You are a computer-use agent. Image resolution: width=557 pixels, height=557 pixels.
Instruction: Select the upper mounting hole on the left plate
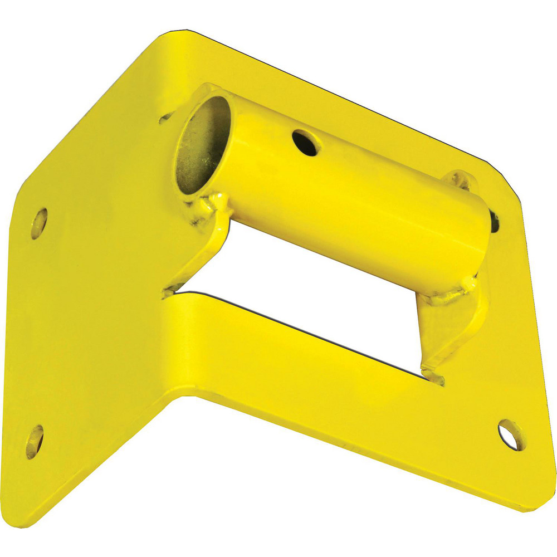pyautogui.click(x=39, y=222)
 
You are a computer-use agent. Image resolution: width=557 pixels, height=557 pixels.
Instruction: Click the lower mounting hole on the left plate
pyautogui.click(x=35, y=441)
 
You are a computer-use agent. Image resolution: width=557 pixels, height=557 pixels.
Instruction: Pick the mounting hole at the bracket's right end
pyautogui.click(x=511, y=434)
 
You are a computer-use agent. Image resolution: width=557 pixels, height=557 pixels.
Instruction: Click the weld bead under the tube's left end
pyautogui.click(x=214, y=204)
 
